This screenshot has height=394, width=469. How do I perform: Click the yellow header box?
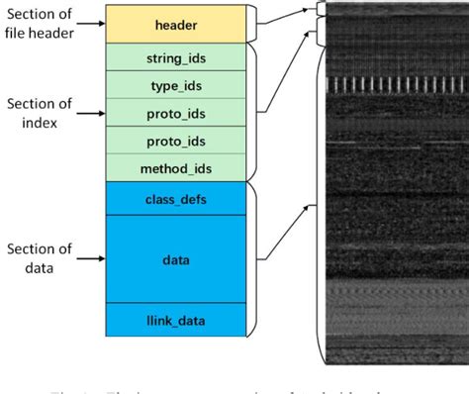(177, 24)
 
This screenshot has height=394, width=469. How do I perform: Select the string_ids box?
(177, 58)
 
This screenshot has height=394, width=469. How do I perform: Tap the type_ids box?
(177, 85)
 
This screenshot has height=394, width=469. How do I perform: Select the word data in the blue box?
(177, 259)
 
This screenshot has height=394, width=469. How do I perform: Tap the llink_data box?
(177, 320)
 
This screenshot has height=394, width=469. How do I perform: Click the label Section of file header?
(37, 25)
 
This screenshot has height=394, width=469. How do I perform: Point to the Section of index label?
(37, 112)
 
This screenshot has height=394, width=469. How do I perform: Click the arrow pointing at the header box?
(91, 25)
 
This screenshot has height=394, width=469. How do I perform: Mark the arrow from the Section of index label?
(91, 113)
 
